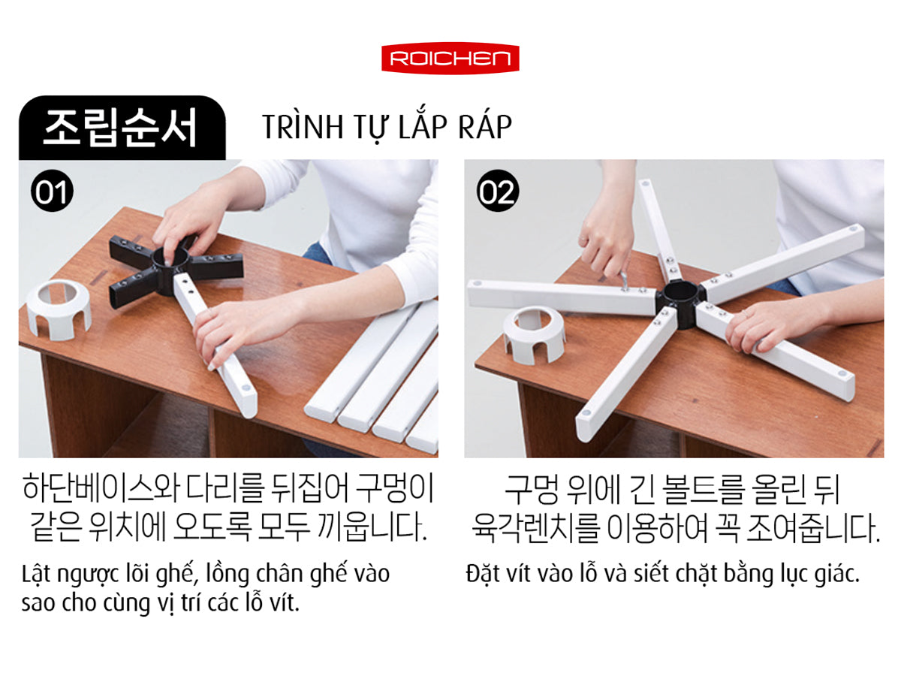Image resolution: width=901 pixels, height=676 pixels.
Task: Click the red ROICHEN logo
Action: point(450,59)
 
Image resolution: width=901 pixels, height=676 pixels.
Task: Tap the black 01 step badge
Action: point(52,191)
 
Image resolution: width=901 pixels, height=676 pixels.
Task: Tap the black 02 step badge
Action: point(498,191)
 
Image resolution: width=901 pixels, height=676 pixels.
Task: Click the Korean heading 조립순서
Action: point(120,128)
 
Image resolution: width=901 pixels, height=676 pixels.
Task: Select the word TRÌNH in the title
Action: point(303,126)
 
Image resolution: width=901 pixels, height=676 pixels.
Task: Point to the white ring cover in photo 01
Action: point(59,310)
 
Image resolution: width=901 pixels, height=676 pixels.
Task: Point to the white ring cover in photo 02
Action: point(534,335)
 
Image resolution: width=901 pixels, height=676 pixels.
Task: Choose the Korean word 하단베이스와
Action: point(101,488)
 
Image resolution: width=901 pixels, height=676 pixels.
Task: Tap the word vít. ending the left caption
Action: point(284,603)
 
